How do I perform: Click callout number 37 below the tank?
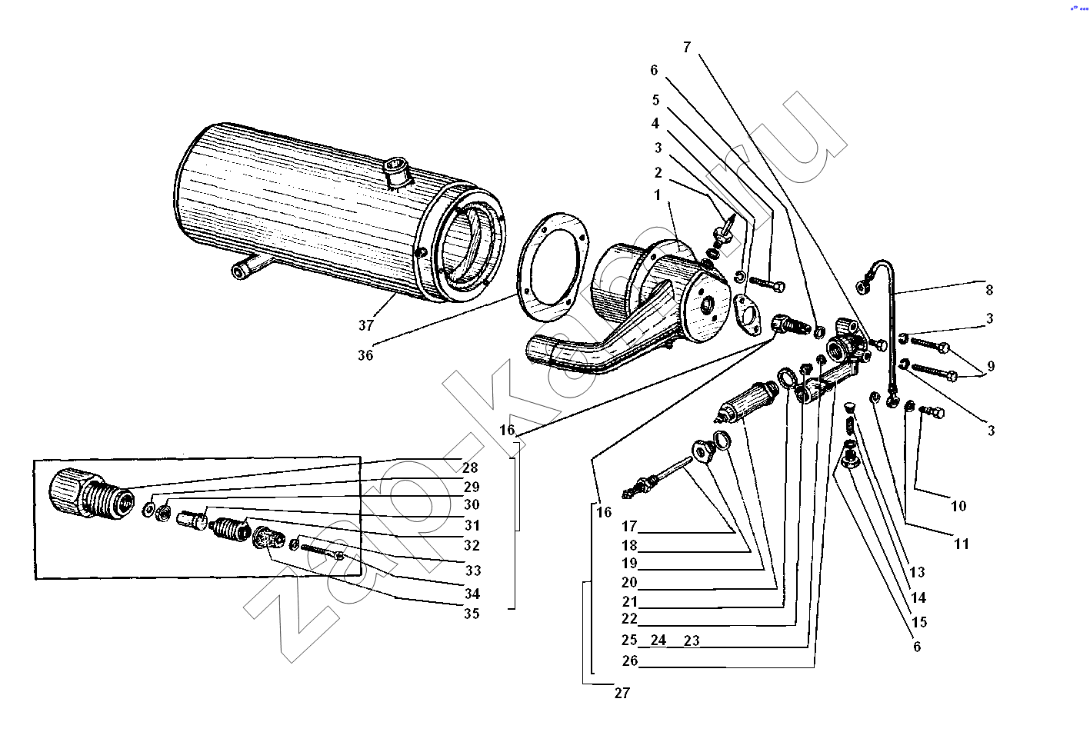pyautogui.click(x=366, y=325)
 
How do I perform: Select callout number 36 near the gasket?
pyautogui.click(x=365, y=355)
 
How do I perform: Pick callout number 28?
pyautogui.click(x=470, y=467)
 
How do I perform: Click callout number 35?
pyautogui.click(x=471, y=614)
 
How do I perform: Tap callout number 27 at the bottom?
pyautogui.click(x=622, y=693)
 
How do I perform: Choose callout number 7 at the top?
pyautogui.click(x=687, y=48)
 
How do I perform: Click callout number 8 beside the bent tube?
pyautogui.click(x=989, y=290)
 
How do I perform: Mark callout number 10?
pyautogui.click(x=958, y=506)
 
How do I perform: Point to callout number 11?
pyautogui.click(x=962, y=544)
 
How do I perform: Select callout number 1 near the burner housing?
pyautogui.click(x=657, y=195)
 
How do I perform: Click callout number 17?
pyautogui.click(x=630, y=527)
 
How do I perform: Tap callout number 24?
pyautogui.click(x=658, y=640)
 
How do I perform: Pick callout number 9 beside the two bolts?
pyautogui.click(x=991, y=366)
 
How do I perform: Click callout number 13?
pyautogui.click(x=917, y=572)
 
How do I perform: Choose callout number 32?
pyautogui.click(x=472, y=545)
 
